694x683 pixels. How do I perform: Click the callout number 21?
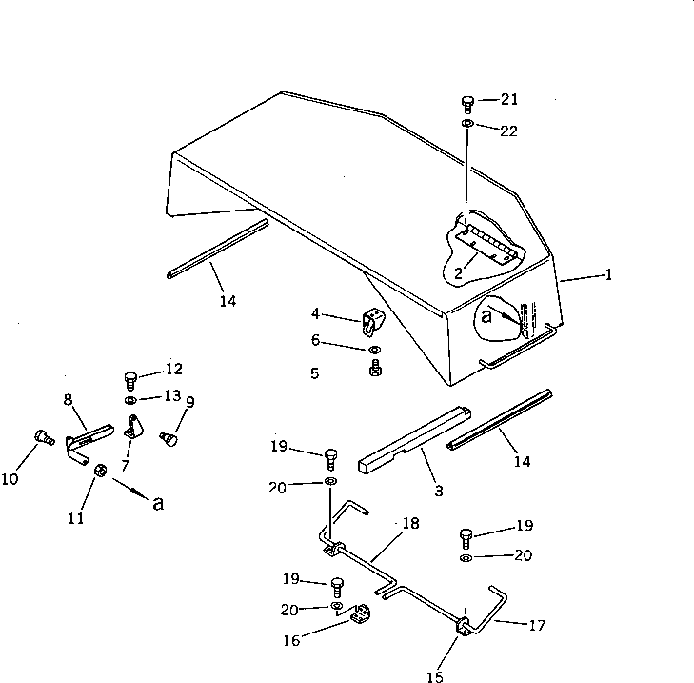(x=509, y=100)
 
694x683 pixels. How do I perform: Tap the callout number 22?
(x=509, y=131)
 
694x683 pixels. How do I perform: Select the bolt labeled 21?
(x=467, y=103)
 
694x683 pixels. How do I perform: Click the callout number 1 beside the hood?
(x=608, y=275)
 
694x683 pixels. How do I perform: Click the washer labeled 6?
(x=377, y=351)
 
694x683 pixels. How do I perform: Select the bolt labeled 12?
(x=132, y=377)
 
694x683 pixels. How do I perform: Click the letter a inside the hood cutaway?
(x=486, y=315)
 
